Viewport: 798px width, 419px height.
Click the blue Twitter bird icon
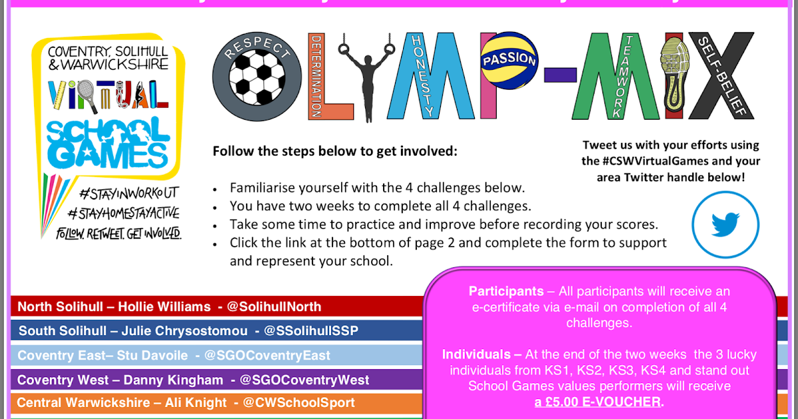[x=725, y=225]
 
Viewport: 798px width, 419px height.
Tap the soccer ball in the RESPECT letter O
[x=256, y=78]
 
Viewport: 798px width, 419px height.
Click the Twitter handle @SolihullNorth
[x=274, y=307]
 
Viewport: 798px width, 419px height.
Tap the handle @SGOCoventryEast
[x=267, y=355]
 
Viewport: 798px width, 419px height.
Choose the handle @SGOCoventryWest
[x=305, y=380]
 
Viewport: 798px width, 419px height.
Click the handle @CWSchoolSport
[x=299, y=402]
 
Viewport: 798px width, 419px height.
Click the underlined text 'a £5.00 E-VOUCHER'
[x=598, y=402]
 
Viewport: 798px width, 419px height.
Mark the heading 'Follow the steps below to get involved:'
[x=335, y=151]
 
